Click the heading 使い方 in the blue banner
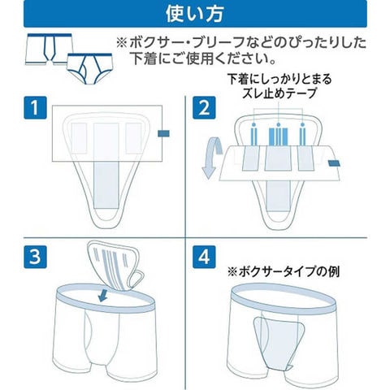pyautogui.click(x=194, y=14)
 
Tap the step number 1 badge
pyautogui.click(x=35, y=107)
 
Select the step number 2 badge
pyautogui.click(x=204, y=107)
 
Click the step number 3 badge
pyautogui.click(x=35, y=257)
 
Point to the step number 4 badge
pyautogui.click(x=204, y=257)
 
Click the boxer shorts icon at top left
pyautogui.click(x=49, y=50)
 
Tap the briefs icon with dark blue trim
pyautogui.click(x=90, y=69)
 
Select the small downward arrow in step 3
pyautogui.click(x=102, y=295)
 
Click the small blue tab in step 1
pyautogui.click(x=163, y=133)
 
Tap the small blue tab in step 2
pyautogui.click(x=334, y=163)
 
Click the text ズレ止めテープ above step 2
pyautogui.click(x=279, y=93)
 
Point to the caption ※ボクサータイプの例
pyautogui.click(x=283, y=271)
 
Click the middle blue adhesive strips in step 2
pyautogui.click(x=278, y=136)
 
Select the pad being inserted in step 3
pyautogui.click(x=115, y=266)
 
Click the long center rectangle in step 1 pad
pyautogui.click(x=106, y=166)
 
